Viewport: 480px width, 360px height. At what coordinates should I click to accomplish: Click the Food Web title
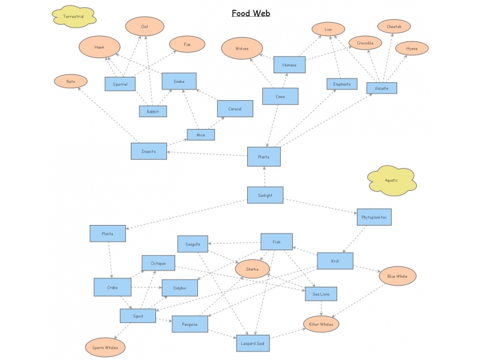(x=251, y=13)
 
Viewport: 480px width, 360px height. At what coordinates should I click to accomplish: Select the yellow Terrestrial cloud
(x=74, y=17)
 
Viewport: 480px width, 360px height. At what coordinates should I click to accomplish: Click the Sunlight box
(x=265, y=195)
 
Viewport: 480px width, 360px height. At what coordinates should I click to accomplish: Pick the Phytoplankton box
(x=374, y=217)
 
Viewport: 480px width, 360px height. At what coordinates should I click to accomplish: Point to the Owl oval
(x=144, y=27)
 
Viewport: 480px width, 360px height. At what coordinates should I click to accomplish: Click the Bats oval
(x=71, y=81)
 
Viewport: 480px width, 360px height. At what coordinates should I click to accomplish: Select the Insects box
(x=148, y=151)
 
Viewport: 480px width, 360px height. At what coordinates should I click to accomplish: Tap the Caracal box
(x=235, y=109)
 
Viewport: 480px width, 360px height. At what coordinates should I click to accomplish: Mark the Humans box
(x=289, y=65)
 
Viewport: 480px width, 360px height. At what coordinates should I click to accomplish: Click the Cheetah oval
(x=394, y=26)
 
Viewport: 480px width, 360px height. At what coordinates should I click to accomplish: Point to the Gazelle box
(x=382, y=88)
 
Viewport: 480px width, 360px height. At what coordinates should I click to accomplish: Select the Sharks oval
(x=252, y=269)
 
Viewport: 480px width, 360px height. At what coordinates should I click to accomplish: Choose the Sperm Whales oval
(x=105, y=347)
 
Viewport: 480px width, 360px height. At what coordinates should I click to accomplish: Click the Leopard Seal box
(x=253, y=343)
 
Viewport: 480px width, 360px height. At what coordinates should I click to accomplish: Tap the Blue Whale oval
(x=397, y=276)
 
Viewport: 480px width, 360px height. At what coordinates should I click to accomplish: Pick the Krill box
(x=334, y=261)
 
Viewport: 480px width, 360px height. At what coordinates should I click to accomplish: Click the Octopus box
(x=158, y=263)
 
